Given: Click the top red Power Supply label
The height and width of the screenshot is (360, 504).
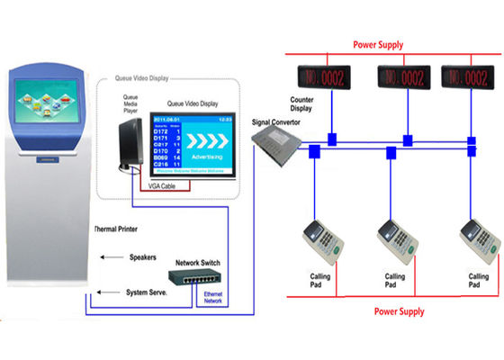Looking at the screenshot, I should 377,43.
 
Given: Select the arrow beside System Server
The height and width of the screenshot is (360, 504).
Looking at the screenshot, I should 111,292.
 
